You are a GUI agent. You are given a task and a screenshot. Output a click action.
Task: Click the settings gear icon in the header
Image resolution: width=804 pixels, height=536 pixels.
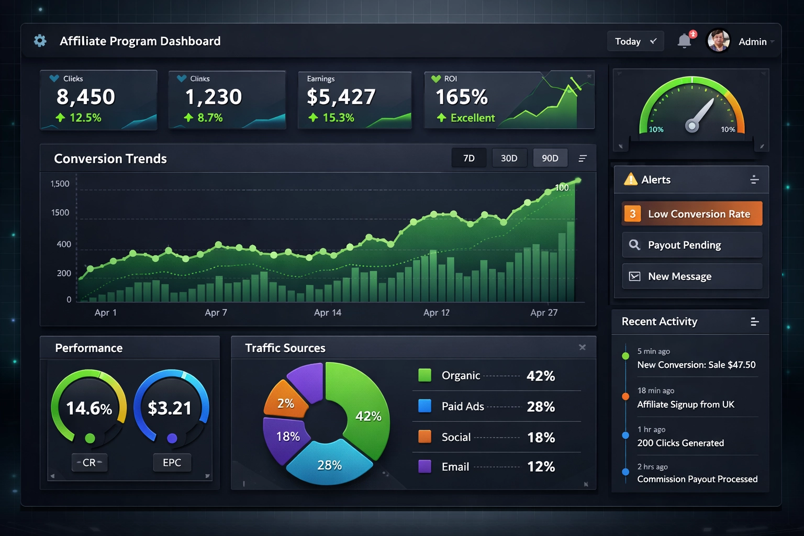pyautogui.click(x=40, y=41)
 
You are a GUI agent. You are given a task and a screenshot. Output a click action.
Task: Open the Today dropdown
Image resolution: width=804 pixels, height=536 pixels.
pyautogui.click(x=635, y=41)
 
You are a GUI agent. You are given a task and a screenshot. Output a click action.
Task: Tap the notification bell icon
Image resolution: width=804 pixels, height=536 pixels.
pyautogui.click(x=684, y=41)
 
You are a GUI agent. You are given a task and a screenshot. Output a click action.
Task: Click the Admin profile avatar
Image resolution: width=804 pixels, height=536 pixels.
pyautogui.click(x=718, y=41)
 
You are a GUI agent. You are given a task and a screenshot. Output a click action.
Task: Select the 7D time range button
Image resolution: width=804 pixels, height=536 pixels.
pyautogui.click(x=468, y=158)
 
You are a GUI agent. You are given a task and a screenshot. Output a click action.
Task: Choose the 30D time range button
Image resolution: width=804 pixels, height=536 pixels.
pyautogui.click(x=509, y=158)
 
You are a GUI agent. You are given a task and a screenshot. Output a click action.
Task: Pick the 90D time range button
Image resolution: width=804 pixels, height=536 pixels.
pyautogui.click(x=550, y=158)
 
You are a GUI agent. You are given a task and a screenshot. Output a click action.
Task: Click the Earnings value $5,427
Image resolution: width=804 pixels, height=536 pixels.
pyautogui.click(x=341, y=97)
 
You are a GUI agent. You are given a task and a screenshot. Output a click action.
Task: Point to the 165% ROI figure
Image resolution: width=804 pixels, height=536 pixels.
pyautogui.click(x=461, y=97)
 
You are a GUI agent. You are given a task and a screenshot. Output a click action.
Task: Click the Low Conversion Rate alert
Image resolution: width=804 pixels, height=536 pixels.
pyautogui.click(x=691, y=214)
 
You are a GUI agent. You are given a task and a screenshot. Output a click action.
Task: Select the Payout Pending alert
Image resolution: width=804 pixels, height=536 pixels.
pyautogui.click(x=691, y=245)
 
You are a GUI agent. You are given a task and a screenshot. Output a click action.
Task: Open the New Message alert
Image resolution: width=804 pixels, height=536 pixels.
pyautogui.click(x=691, y=276)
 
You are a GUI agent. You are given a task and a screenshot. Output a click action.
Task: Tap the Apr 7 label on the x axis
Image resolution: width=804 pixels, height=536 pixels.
pyautogui.click(x=216, y=312)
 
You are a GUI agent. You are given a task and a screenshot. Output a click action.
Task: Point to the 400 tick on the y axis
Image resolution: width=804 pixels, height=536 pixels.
pyautogui.click(x=64, y=244)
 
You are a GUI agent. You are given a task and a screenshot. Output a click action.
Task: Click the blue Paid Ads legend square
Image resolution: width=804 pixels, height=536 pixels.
pyautogui.click(x=425, y=406)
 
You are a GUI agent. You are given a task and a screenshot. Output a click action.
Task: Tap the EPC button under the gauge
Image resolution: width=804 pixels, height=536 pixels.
pyautogui.click(x=172, y=463)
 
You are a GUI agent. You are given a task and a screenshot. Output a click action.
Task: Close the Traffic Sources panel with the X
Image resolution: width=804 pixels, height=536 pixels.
pyautogui.click(x=582, y=348)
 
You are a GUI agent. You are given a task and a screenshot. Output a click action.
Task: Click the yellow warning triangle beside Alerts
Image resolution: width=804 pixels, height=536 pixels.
pyautogui.click(x=630, y=180)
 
